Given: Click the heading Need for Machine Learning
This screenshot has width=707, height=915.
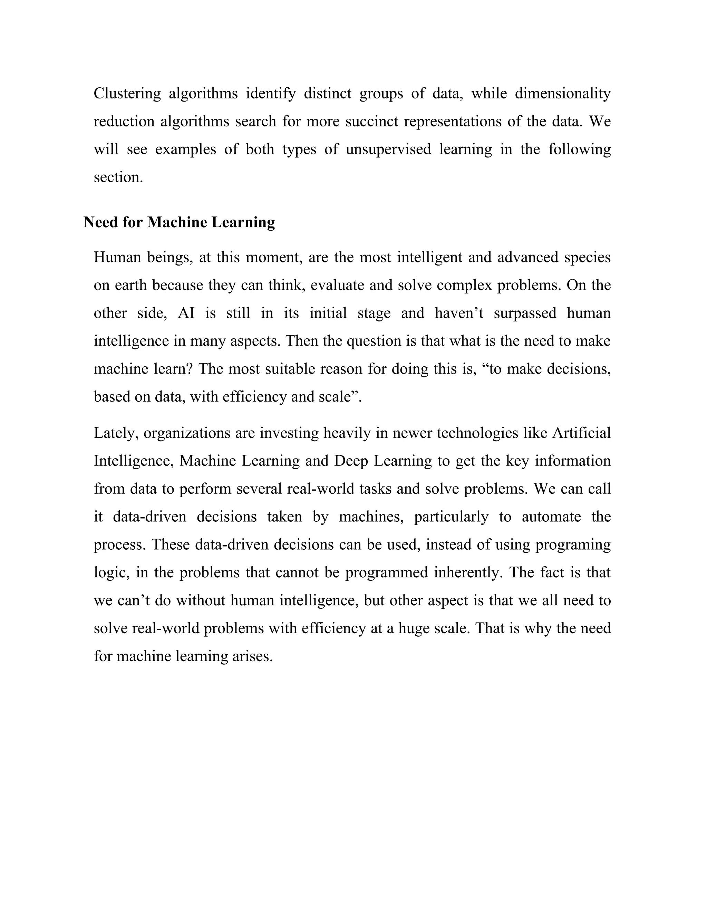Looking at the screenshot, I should [x=179, y=222].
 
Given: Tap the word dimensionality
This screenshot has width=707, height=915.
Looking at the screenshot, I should [x=562, y=94].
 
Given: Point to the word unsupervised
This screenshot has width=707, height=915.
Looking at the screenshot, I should [x=388, y=149].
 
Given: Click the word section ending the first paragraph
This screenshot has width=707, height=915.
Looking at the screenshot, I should [x=118, y=177].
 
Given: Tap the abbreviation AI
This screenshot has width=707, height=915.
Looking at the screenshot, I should [x=186, y=313].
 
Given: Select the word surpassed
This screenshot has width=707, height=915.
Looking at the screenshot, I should [x=525, y=313].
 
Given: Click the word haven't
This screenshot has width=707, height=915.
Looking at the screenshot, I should [x=459, y=313].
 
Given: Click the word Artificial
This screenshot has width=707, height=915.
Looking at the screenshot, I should [x=581, y=433].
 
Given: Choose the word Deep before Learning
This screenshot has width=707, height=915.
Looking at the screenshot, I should [x=351, y=461].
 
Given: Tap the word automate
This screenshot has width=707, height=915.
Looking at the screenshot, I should [x=551, y=517].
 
